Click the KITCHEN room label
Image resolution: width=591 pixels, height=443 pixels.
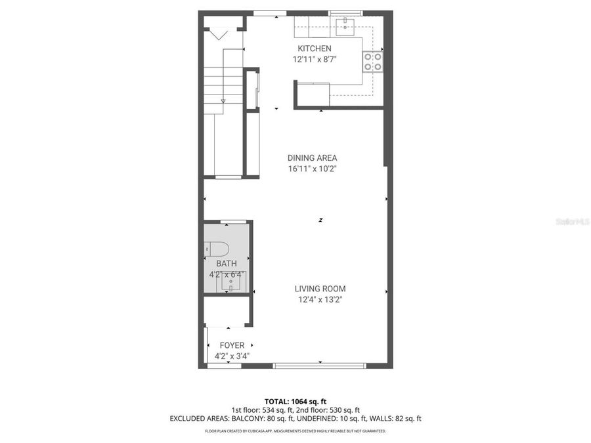[x=315, y=49]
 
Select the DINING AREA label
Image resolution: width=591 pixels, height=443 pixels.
[x=312, y=158]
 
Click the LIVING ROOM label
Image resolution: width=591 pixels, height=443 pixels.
[x=320, y=289]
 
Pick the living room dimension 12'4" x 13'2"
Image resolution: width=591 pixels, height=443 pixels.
[x=320, y=299]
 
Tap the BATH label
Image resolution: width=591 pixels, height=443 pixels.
[x=227, y=264]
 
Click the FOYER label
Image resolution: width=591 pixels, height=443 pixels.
[x=232, y=345]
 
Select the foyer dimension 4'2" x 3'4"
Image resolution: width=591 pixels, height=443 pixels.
[x=232, y=356]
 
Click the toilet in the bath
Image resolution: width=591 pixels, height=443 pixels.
[x=216, y=249]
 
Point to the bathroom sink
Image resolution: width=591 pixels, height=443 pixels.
[x=229, y=281]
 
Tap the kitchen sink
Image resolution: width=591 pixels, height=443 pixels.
[x=345, y=26]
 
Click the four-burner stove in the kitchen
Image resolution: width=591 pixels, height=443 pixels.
[x=373, y=61]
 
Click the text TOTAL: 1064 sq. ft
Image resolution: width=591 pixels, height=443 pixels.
[x=295, y=400]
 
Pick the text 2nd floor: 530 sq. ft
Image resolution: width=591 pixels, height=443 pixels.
[x=328, y=410]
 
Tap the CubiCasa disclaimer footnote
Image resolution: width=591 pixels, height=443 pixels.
[x=295, y=431]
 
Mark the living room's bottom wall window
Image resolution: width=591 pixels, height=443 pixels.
[x=319, y=366]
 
